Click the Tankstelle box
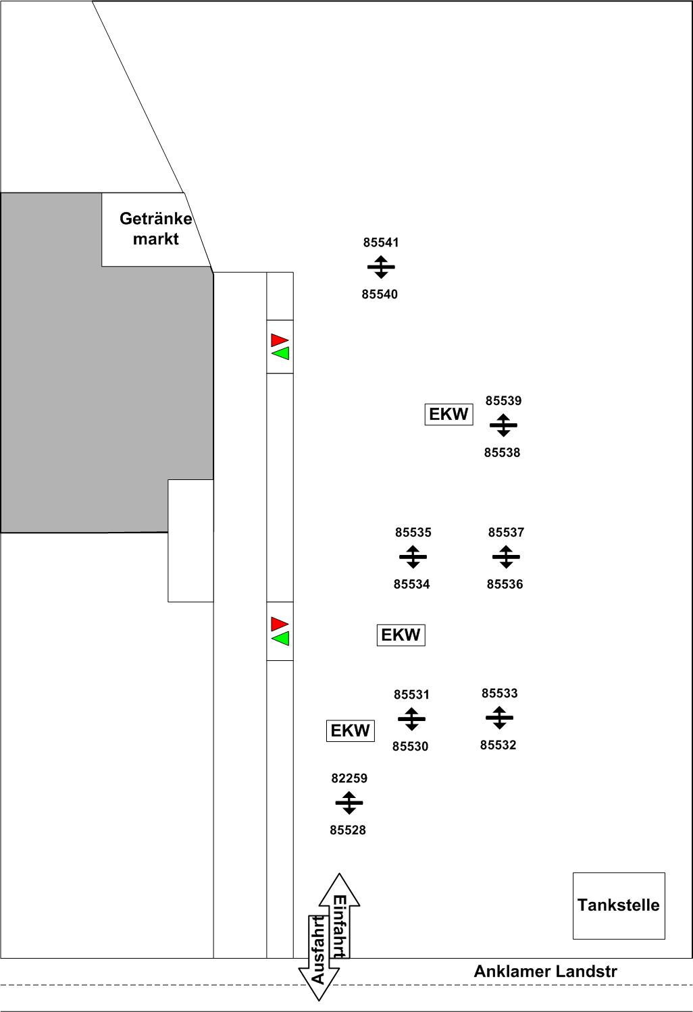click(619, 905)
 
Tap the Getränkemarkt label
click(156, 229)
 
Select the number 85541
click(381, 243)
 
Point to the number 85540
click(380, 294)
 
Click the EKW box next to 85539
click(448, 414)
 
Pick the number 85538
click(502, 453)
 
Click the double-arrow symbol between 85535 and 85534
click(413, 558)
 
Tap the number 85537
click(506, 533)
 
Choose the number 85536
click(505, 585)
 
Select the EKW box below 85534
click(401, 635)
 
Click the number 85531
click(411, 695)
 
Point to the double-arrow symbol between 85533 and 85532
click(499, 718)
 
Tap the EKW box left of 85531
click(350, 730)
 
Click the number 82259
click(349, 778)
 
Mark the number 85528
click(348, 830)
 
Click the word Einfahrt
click(339, 926)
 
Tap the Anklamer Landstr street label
click(545, 971)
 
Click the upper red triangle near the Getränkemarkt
click(280, 340)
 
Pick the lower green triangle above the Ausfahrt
click(280, 638)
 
